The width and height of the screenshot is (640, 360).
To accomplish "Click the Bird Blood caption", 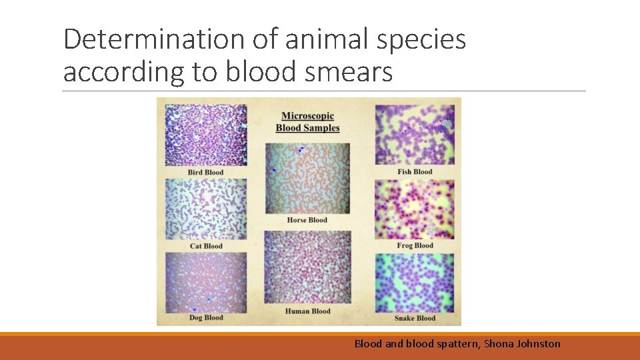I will (205, 173).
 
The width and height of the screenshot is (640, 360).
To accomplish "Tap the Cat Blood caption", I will (206, 246).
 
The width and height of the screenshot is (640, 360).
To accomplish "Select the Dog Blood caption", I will (205, 318).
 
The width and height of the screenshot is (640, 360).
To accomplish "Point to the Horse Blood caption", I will (307, 220).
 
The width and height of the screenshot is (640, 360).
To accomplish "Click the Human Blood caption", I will (307, 311).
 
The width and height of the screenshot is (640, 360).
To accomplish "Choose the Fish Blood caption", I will (415, 172).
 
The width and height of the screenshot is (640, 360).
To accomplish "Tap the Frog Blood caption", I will (415, 245).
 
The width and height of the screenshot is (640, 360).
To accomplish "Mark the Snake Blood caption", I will (415, 318).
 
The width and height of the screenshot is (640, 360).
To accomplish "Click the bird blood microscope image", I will (206, 135).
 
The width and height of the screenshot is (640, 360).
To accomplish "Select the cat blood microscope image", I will (206, 209).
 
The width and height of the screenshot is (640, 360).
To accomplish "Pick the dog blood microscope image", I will (206, 282).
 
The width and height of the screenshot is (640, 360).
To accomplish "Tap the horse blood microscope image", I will (307, 178).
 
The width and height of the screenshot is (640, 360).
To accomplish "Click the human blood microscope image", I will (307, 267).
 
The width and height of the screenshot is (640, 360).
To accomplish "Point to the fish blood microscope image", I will (415, 134).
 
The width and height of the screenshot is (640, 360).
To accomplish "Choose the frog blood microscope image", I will (415, 209).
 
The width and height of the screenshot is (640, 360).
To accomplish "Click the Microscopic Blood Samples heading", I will (307, 122).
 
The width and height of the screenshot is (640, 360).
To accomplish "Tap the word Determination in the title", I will (153, 40).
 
